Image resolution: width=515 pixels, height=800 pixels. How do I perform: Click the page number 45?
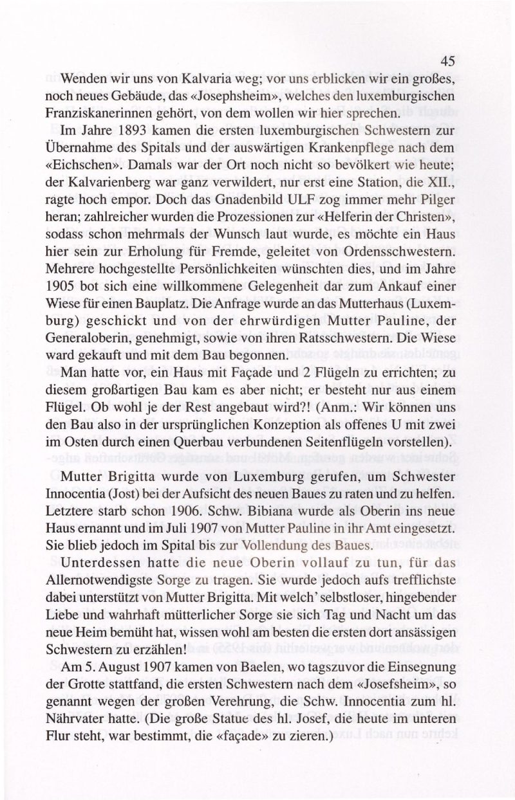click(449, 62)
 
